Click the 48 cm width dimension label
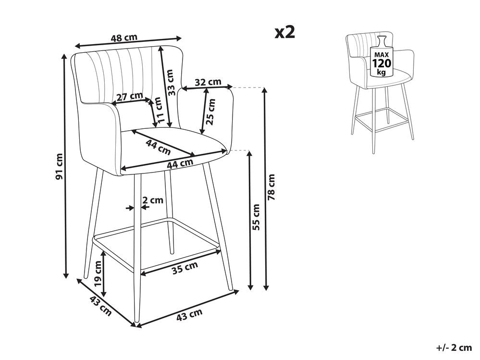point(123,38)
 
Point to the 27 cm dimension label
point(130,97)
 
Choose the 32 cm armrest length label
point(208,82)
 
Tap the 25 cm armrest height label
point(210,112)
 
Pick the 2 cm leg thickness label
point(153,200)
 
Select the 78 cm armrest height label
point(271,187)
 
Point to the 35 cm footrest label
point(185,269)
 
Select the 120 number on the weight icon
point(382,63)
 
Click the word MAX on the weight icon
point(382,55)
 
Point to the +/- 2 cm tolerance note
point(454,348)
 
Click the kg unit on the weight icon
point(382,72)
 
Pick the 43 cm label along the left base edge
point(100,307)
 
